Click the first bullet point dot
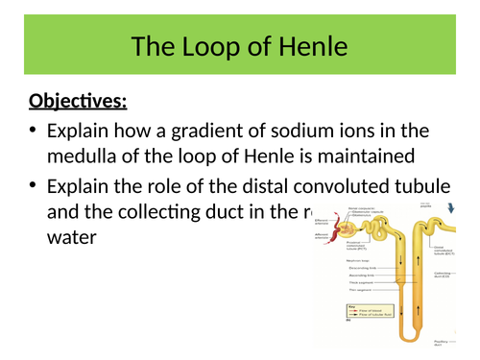point(35,130)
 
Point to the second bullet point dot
point(35,181)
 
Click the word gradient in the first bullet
point(216,130)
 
